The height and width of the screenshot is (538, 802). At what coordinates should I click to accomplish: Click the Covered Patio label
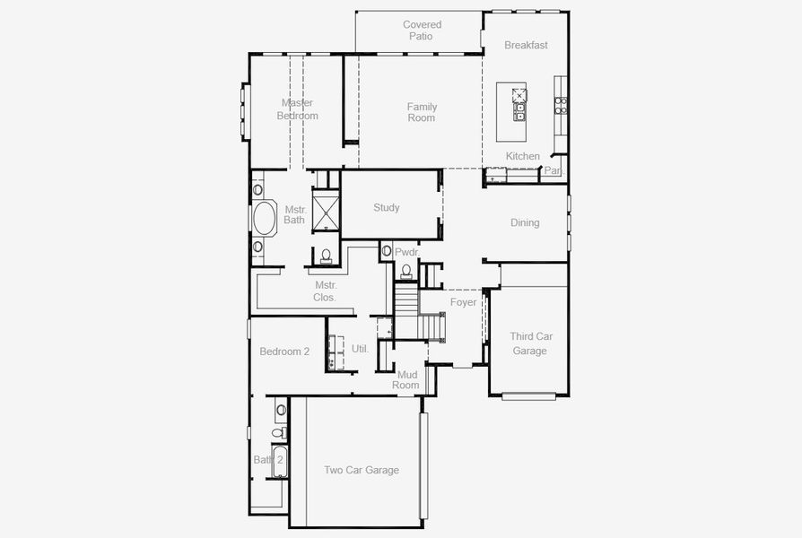[x=422, y=30]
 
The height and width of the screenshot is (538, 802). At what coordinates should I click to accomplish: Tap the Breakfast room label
[x=526, y=45]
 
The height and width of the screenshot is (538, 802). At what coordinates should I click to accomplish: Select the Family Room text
[x=422, y=112]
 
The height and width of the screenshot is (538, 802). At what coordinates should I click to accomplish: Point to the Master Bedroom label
[x=297, y=108]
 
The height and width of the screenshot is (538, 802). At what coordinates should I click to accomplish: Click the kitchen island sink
[x=519, y=112]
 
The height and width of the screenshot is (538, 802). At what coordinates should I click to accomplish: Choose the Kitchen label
[x=523, y=156]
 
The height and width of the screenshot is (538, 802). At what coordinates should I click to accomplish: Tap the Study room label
[x=387, y=208]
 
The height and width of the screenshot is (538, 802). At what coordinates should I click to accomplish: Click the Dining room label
[x=525, y=222]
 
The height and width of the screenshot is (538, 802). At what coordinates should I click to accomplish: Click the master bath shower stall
[x=324, y=212]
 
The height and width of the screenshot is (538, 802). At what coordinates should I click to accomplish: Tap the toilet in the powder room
[x=406, y=271]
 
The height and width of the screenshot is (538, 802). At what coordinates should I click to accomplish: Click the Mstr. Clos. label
[x=325, y=291]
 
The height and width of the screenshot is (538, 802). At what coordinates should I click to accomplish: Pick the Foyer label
[x=463, y=302]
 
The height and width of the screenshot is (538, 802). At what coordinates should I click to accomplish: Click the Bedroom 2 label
[x=284, y=351]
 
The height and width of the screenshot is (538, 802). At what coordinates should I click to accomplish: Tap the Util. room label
[x=360, y=348]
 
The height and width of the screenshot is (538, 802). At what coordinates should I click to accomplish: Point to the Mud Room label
[x=407, y=380]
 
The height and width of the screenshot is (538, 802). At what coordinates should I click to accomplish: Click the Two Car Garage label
[x=362, y=470]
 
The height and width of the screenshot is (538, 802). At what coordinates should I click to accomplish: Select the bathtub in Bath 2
[x=279, y=462]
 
